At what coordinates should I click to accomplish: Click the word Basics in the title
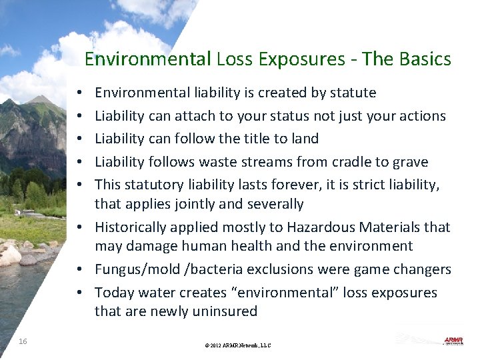427,59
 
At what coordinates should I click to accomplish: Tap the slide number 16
23,341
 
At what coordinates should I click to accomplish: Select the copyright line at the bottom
239,345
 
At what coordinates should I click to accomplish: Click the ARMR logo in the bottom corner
453,341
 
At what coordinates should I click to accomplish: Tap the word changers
423,269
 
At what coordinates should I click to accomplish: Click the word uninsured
225,311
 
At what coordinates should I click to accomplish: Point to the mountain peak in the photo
41,100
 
